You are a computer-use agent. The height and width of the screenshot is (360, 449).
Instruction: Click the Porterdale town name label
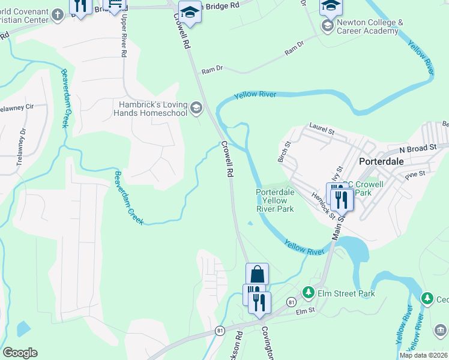click(385, 161)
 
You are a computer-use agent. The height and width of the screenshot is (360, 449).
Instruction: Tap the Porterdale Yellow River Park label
click(275, 200)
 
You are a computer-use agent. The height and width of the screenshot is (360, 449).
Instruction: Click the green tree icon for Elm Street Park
click(309, 292)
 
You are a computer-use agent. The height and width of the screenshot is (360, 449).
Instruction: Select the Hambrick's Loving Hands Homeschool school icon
click(196, 108)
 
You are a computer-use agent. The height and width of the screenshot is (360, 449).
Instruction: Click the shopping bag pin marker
click(257, 275)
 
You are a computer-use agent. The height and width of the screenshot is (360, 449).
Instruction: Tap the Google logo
click(20, 353)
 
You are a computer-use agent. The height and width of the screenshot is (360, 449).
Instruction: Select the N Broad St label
click(418, 148)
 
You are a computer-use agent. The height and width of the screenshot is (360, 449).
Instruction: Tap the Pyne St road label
click(414, 173)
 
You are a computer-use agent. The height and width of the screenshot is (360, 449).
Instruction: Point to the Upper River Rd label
click(124, 43)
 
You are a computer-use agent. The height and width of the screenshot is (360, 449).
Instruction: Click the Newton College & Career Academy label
click(370, 27)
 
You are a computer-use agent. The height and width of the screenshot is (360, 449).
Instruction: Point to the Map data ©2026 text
click(423, 355)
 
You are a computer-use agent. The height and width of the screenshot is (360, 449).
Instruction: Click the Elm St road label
click(305, 311)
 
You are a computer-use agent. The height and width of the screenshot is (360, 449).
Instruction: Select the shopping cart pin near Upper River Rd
click(114, 5)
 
